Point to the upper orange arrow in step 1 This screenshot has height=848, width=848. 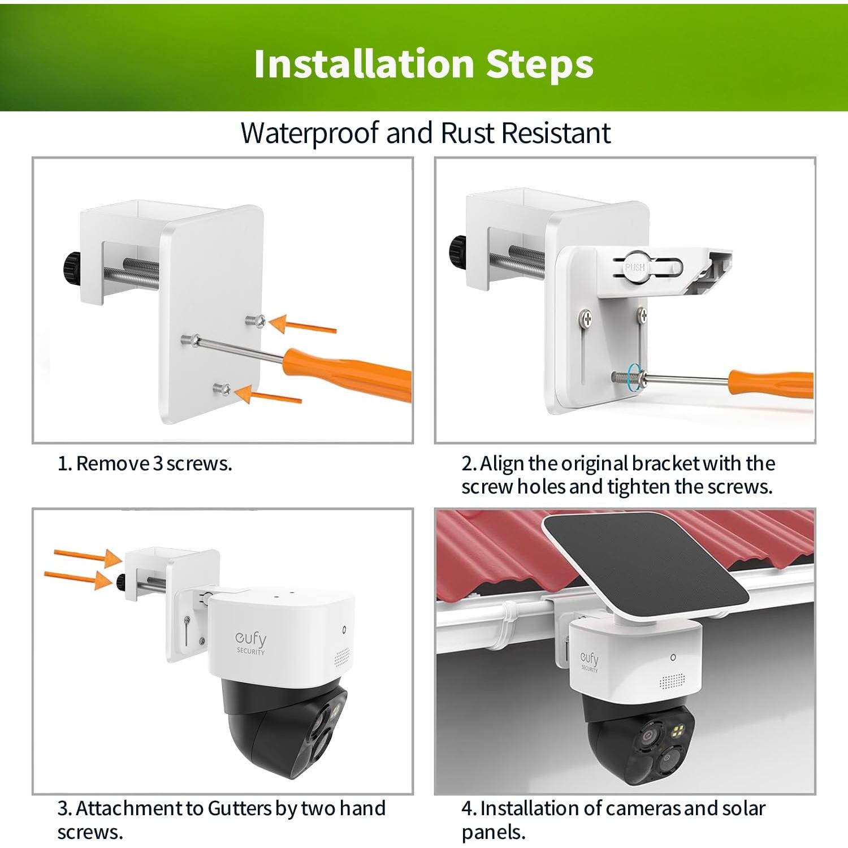(x=302, y=325)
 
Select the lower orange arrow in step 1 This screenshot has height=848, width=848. (x=268, y=395)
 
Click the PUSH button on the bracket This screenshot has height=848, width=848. (x=635, y=266)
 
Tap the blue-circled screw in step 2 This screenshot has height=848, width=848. (x=634, y=376)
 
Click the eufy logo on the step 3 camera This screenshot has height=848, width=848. (x=250, y=641)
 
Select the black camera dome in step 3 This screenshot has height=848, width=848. (x=283, y=732)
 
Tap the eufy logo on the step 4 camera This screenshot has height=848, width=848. (x=589, y=660)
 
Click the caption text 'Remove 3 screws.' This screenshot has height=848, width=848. (x=145, y=464)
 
